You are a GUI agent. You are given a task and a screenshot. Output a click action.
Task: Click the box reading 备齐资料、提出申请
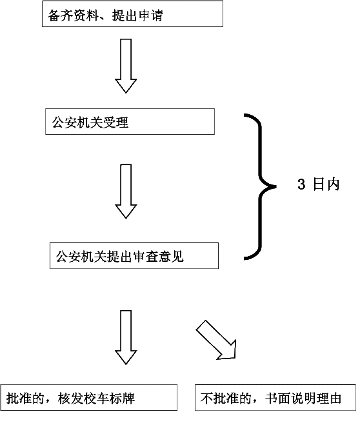(x=132, y=14)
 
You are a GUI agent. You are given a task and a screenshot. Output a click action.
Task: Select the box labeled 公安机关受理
(x=130, y=121)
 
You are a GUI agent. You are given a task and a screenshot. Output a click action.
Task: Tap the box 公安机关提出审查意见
(x=134, y=256)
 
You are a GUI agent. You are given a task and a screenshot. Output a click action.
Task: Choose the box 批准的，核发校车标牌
(x=89, y=398)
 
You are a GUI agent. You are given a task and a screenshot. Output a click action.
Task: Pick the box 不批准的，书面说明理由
(x=275, y=398)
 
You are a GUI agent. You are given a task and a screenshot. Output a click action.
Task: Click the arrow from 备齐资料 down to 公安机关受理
(x=126, y=66)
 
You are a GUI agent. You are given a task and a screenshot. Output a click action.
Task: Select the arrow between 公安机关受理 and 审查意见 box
(x=126, y=192)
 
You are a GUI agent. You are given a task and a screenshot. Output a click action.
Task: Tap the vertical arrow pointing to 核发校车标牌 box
(x=126, y=337)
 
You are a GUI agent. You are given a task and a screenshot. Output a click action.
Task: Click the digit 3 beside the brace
(x=301, y=184)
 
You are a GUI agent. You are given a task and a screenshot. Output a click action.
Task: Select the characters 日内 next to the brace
(x=326, y=184)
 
